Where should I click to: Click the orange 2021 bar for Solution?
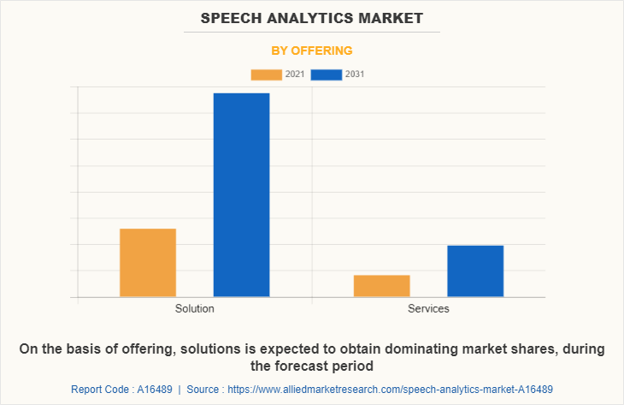148,263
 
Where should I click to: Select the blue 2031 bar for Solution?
241,195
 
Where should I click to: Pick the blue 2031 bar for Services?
475,271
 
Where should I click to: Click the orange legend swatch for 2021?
267,74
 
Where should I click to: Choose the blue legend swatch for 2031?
327,74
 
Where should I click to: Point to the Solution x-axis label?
195,308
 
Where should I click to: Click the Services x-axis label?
428,308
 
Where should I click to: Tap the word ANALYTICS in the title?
312,18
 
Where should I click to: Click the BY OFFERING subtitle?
312,51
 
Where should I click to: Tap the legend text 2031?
355,74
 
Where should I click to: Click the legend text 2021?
295,74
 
